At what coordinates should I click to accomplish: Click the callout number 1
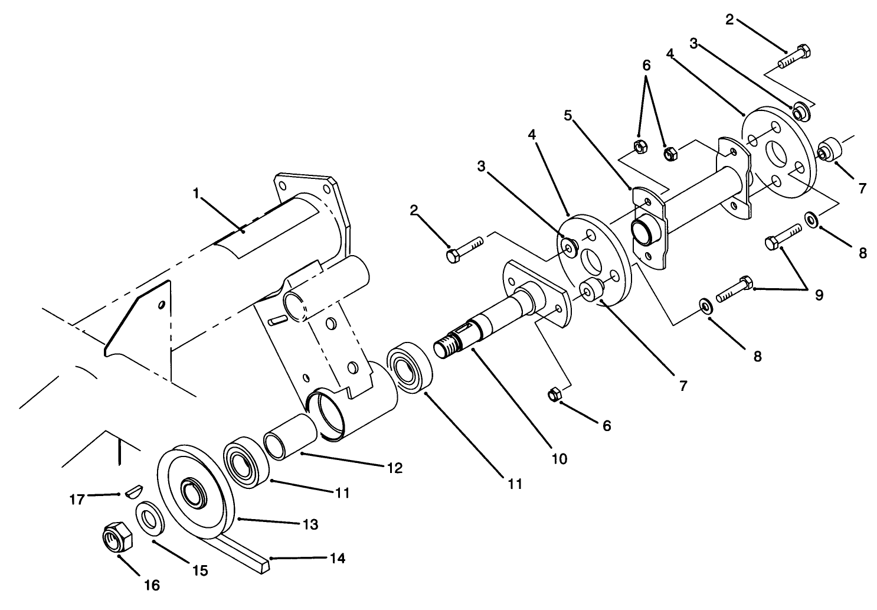coord(196,193)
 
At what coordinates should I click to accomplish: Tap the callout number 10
coord(559,458)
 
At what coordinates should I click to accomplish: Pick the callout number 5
coord(568,116)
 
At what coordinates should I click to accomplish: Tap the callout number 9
coord(819,295)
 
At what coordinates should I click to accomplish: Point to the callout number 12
coord(394,468)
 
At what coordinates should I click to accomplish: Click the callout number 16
coord(152,585)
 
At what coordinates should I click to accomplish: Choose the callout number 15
coord(200,570)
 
